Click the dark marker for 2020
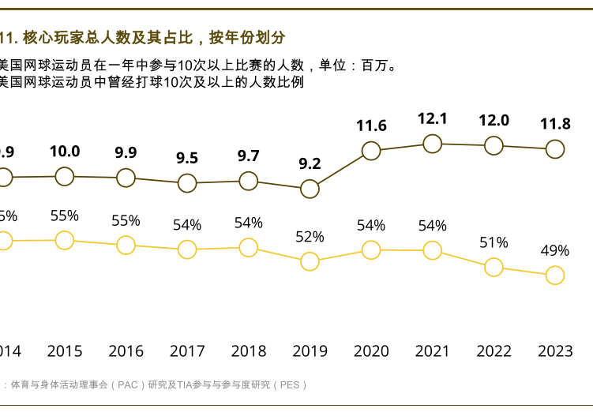tap(371, 150)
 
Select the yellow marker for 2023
tap(555, 275)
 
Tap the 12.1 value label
tap(433, 119)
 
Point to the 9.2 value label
tap(310, 164)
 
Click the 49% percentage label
tap(555, 251)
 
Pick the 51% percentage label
tap(494, 243)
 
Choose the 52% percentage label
tap(310, 237)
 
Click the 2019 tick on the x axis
tap(310, 351)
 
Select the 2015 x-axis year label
tap(65, 351)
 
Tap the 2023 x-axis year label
tap(555, 351)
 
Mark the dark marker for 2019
tap(310, 189)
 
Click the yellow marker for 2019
tap(310, 261)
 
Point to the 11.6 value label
tap(371, 126)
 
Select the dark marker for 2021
tap(432, 143)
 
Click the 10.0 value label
tap(65, 152)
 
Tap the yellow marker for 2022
tap(494, 267)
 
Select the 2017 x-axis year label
tap(187, 351)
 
